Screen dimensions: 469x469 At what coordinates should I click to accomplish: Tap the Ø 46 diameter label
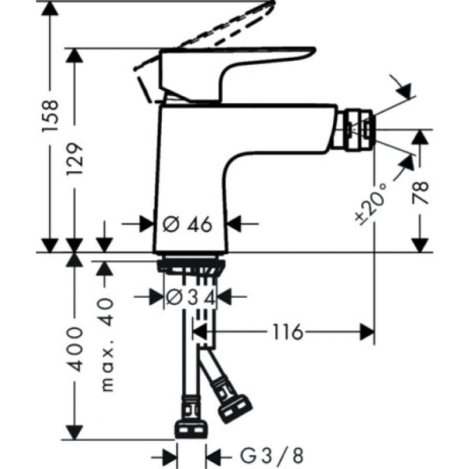pyautogui.click(x=188, y=224)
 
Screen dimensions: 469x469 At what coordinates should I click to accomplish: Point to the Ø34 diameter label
pyautogui.click(x=190, y=297)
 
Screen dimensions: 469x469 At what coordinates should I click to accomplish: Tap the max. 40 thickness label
pyautogui.click(x=108, y=344)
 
